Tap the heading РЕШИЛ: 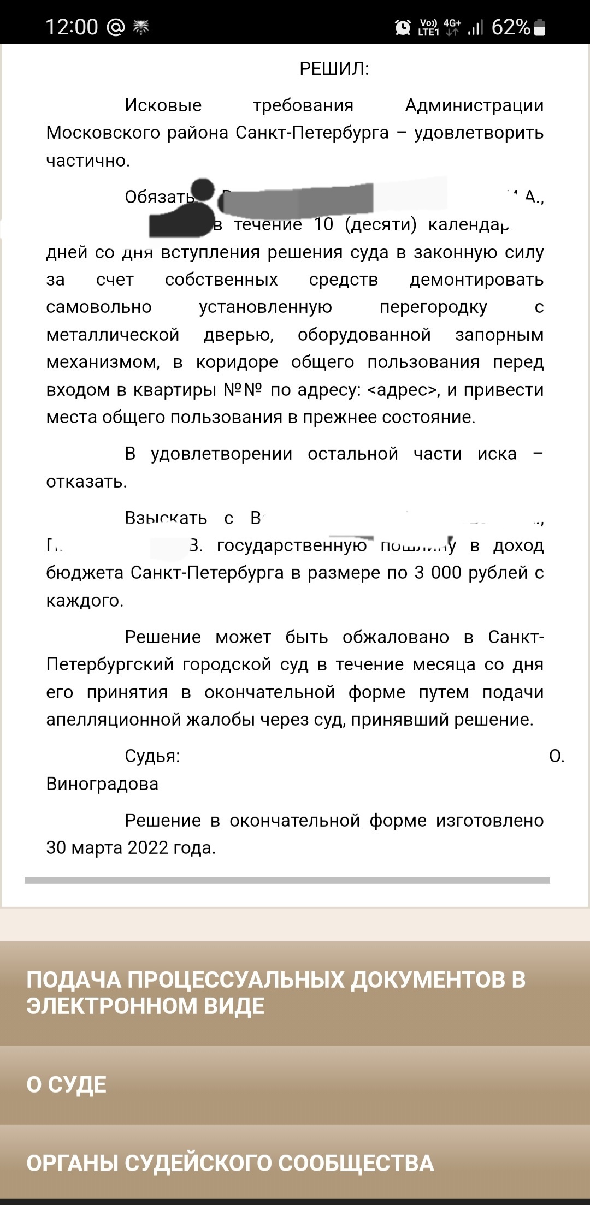point(334,69)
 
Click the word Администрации point(474,105)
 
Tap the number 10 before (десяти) point(323,224)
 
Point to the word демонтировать point(476,280)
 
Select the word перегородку point(433,307)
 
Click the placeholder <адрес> point(404,390)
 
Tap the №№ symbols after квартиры point(243,390)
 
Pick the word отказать point(86,482)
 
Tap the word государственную point(292,545)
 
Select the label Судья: point(152,756)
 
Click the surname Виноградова point(102,784)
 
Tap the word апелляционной point(114,720)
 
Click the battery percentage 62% point(511,27)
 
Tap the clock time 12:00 point(72,27)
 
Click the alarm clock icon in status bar point(403,27)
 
